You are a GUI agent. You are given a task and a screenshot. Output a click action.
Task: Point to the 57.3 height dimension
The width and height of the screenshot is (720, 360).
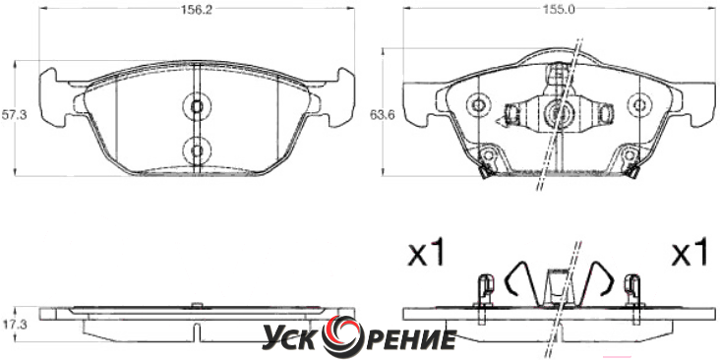14,115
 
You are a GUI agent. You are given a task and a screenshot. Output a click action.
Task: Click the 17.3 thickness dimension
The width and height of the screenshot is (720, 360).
14,325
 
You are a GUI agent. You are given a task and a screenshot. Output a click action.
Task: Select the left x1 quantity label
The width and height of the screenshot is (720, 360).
427,252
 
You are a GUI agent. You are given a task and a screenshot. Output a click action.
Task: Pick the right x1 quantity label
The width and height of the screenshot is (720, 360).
690,252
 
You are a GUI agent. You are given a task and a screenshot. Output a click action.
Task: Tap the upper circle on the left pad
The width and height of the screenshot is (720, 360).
197,106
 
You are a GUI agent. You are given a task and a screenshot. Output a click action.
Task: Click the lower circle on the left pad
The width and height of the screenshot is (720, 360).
197,150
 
